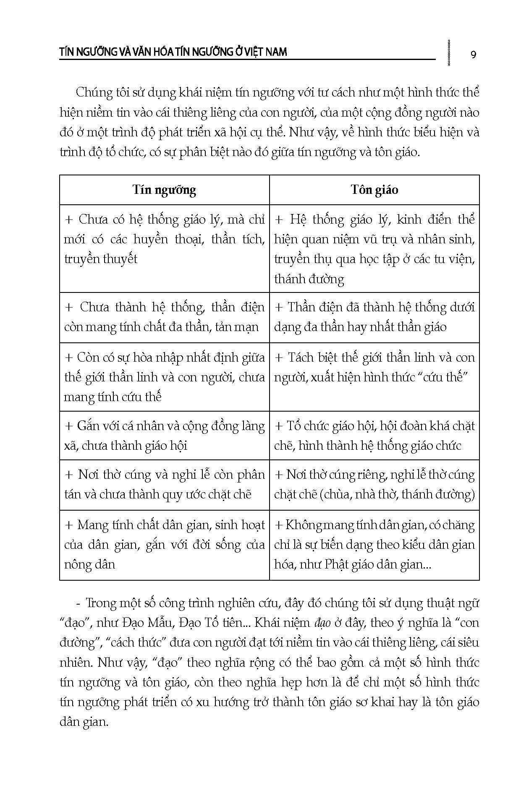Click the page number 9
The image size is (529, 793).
click(473, 55)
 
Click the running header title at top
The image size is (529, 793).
click(173, 52)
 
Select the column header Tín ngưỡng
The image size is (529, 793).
click(164, 190)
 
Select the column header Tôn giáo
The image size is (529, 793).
click(374, 190)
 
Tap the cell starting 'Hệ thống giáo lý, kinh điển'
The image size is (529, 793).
click(374, 249)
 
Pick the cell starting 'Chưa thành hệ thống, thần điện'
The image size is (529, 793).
click(164, 317)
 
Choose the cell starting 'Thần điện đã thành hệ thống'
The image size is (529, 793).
click(374, 317)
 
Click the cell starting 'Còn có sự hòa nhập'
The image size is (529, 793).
click(164, 377)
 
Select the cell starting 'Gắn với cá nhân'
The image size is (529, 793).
click(164, 436)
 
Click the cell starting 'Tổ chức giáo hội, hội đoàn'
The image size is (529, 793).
click(374, 436)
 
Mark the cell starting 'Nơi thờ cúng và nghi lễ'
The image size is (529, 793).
click(164, 485)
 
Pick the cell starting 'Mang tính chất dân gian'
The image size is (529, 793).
click(164, 545)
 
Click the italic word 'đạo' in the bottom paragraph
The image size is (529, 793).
click(322, 623)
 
